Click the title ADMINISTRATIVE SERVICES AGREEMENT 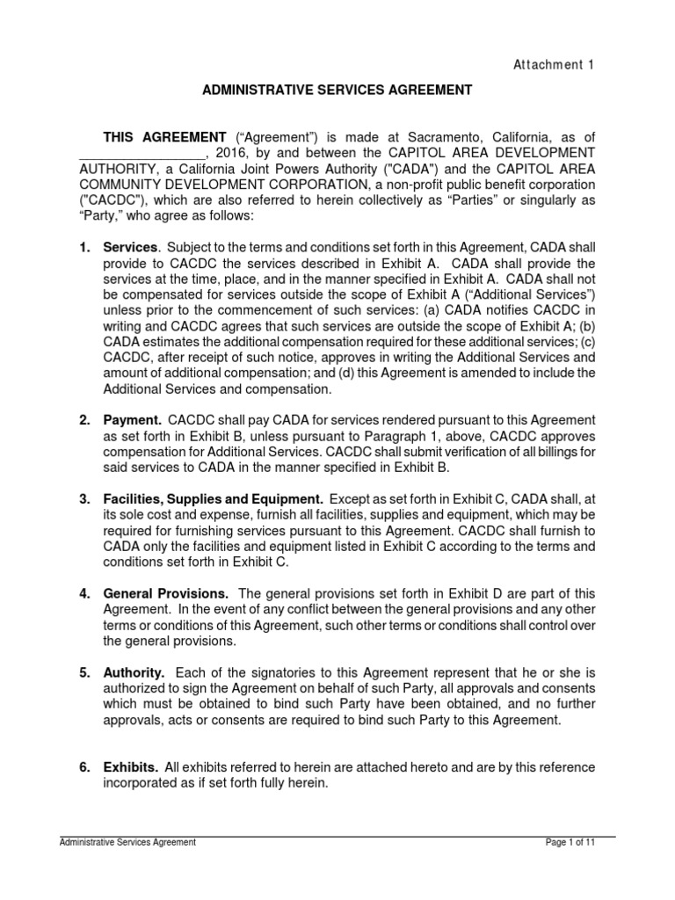(x=338, y=90)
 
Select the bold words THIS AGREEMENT (x=165, y=137)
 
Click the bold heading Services (x=130, y=248)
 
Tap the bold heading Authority (x=134, y=672)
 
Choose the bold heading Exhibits (x=130, y=767)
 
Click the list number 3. (x=84, y=499)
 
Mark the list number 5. (x=84, y=672)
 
